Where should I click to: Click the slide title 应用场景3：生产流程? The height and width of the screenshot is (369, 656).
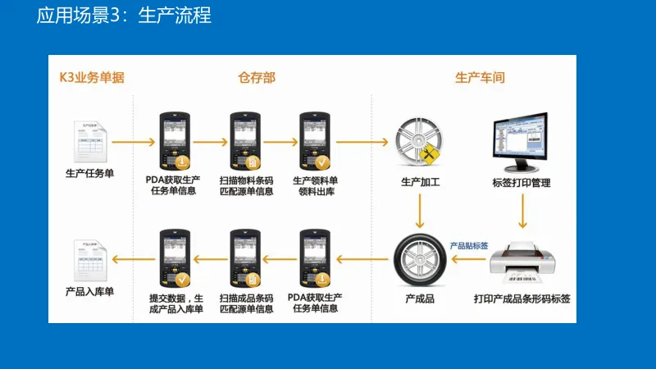click(x=124, y=16)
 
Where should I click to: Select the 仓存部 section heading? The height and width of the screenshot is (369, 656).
click(x=257, y=78)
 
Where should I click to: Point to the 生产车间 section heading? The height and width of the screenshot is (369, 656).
click(x=479, y=78)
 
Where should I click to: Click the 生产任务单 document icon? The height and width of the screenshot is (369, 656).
click(x=89, y=141)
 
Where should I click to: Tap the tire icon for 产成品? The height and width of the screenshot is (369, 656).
click(x=420, y=260)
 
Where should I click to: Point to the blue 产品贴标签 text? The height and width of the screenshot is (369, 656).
click(x=469, y=246)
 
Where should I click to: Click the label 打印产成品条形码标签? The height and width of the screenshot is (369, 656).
click(x=522, y=298)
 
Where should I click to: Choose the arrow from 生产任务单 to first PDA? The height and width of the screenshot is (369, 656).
click(x=133, y=142)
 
